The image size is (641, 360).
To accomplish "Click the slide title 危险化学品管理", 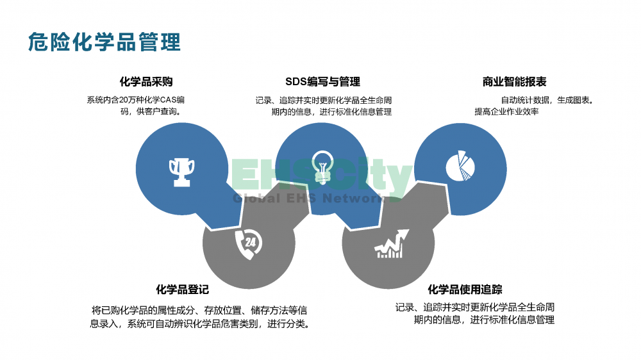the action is click(x=104, y=42).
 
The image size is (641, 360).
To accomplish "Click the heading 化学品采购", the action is click(x=146, y=82).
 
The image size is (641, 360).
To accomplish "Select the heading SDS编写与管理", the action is click(x=322, y=82).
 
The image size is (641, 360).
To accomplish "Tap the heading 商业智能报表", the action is click(x=514, y=82).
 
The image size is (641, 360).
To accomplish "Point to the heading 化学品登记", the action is click(x=182, y=290).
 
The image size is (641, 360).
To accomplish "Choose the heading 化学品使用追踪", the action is click(x=465, y=290).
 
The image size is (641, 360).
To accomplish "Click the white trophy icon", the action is click(x=182, y=172).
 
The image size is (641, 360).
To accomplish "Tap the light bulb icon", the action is click(x=322, y=167).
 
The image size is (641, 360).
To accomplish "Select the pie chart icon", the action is click(x=460, y=165).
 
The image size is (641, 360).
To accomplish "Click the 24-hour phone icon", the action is click(x=249, y=244).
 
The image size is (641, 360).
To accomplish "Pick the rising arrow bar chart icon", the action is click(x=392, y=244).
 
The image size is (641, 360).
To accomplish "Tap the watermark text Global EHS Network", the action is click(x=310, y=199).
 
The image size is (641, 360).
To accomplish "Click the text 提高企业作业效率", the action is click(x=506, y=111).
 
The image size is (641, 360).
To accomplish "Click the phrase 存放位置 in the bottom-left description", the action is click(x=222, y=311).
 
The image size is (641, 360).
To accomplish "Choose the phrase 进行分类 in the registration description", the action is click(x=286, y=324).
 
